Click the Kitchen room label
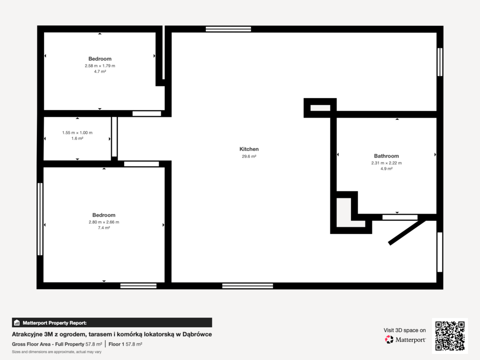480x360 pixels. tap(249, 149)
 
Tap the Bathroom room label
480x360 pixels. tap(386, 156)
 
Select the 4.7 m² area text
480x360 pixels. tap(100, 71)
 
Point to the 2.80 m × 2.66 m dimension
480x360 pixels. tap(104, 222)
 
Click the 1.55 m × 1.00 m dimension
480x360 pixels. tap(77, 133)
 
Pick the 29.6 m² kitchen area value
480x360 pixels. tap(249, 156)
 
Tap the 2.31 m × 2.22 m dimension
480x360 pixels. tap(386, 163)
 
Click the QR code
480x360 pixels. tap(450, 336)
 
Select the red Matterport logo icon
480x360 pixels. tap(389, 339)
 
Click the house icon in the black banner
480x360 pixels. tap(17, 322)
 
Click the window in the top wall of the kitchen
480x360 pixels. tap(228, 29)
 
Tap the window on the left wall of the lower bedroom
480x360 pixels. tap(40, 219)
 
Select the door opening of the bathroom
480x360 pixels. tap(400, 217)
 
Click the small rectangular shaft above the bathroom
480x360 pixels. tap(320, 108)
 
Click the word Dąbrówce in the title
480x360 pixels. tap(197, 334)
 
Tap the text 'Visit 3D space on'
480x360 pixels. tap(405, 330)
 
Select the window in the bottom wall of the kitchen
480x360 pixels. tap(247, 286)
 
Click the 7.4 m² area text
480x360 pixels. tap(104, 228)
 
